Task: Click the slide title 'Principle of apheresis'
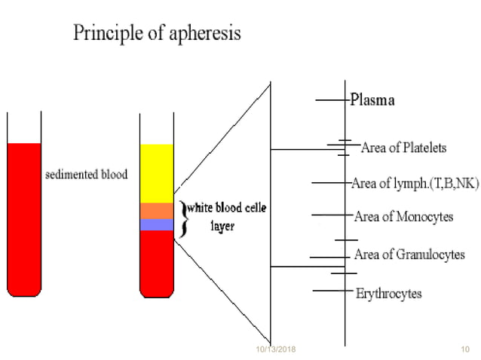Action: click(157, 34)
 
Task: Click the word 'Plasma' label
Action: click(372, 100)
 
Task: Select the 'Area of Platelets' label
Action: click(404, 147)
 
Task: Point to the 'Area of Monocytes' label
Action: click(403, 217)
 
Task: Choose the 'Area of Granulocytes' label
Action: click(409, 255)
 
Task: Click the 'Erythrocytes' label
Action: click(388, 293)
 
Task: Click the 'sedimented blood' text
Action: click(84, 174)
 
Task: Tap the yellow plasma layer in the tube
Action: click(157, 172)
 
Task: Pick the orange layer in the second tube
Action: click(157, 210)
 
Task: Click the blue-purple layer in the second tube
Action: click(157, 224)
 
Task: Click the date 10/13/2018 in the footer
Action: click(276, 350)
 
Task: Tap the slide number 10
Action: click(464, 350)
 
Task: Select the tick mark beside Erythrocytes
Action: click(329, 291)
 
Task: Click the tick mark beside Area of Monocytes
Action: click(330, 215)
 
